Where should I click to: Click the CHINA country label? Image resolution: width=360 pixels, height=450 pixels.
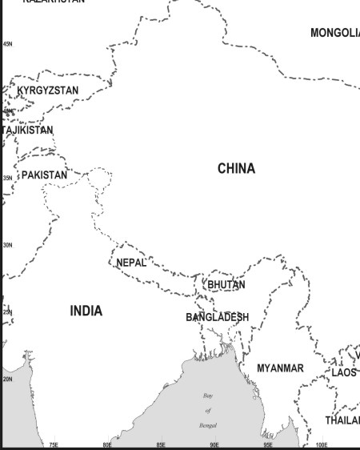[236, 168]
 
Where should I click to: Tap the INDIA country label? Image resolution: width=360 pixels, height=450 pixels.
[86, 311]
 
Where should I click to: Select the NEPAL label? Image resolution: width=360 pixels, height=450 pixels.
[131, 263]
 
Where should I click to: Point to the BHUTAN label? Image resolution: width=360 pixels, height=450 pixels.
[226, 284]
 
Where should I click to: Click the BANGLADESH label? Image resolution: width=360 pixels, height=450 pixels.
[218, 317]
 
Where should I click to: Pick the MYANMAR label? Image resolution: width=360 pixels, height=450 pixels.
[280, 368]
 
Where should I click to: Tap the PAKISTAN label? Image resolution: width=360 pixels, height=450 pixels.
[45, 175]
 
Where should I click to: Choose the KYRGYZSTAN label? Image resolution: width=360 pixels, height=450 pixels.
[48, 90]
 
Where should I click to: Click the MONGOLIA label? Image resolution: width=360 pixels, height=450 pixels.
[335, 33]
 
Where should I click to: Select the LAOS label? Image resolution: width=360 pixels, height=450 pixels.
[344, 372]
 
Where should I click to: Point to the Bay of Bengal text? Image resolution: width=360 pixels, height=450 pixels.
[208, 410]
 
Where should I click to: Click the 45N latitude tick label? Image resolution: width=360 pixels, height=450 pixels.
[8, 44]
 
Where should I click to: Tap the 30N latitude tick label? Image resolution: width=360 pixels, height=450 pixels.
[8, 245]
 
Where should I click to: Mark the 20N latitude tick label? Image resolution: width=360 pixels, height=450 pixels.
[8, 379]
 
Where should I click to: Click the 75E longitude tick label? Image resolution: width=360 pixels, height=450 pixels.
[54, 444]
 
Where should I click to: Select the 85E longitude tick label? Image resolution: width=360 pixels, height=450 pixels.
[161, 444]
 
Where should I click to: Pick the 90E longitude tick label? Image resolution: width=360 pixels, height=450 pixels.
[214, 444]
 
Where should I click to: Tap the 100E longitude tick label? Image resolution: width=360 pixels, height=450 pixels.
[322, 444]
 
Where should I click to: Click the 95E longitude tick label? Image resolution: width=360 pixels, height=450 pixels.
[268, 444]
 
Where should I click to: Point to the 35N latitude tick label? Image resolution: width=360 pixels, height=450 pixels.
[8, 178]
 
